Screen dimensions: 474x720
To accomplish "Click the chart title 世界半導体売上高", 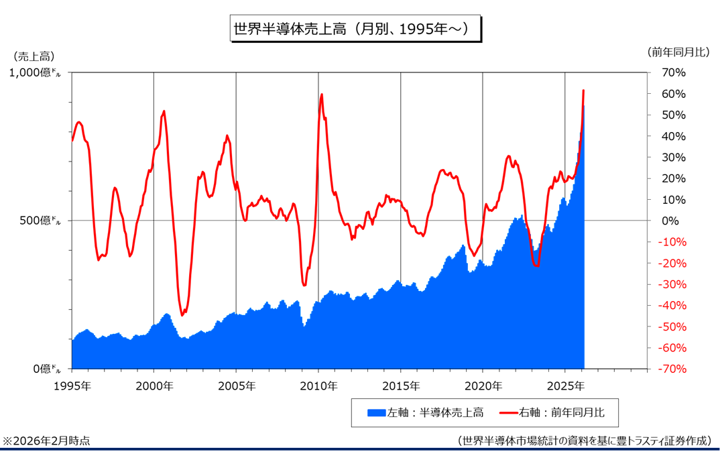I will coord(355,29).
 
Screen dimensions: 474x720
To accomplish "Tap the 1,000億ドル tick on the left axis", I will coord(34,72).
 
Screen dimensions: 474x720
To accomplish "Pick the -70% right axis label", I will coord(670,369).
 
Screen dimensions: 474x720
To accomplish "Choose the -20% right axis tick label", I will coord(670,263).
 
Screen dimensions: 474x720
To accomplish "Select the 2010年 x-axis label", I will coord(318,386).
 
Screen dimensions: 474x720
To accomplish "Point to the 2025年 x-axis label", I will coord(565,386).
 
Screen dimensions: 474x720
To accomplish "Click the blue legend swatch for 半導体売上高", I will coord(377,412).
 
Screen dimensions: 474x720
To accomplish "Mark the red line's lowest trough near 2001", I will coord(183,314).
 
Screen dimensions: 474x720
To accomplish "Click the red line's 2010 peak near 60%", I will coord(322,95).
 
